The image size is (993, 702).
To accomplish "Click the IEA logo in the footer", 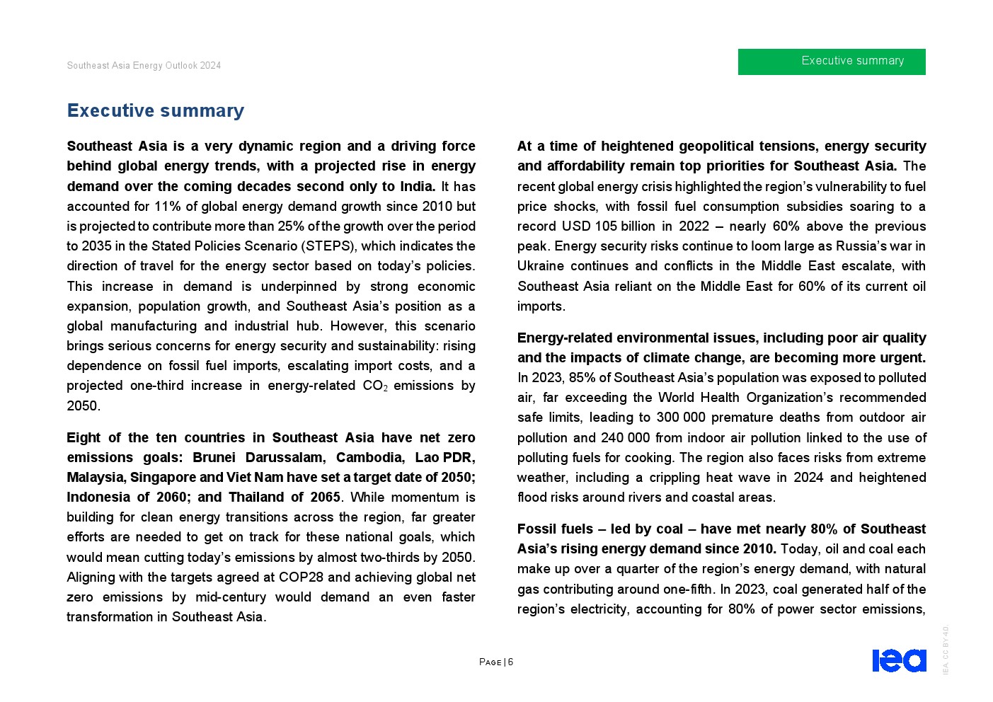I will (x=899, y=660).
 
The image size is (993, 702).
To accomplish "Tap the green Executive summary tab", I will (x=832, y=62).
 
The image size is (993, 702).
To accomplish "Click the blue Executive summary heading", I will (x=156, y=110).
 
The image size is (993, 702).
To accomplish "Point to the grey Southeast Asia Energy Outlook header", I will (x=144, y=65).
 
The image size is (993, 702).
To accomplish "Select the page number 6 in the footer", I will (x=510, y=662).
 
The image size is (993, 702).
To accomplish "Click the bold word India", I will (x=415, y=186).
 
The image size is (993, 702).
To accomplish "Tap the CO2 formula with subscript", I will (x=374, y=386).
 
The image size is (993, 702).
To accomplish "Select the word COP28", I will (x=303, y=577).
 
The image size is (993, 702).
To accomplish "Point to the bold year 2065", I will (x=325, y=497).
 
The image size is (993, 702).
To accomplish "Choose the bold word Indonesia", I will (x=98, y=497).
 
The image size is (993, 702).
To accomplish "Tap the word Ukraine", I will (x=541, y=266).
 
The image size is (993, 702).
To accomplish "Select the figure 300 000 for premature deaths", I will (x=681, y=418).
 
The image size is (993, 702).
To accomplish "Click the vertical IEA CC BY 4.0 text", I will (x=946, y=650).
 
